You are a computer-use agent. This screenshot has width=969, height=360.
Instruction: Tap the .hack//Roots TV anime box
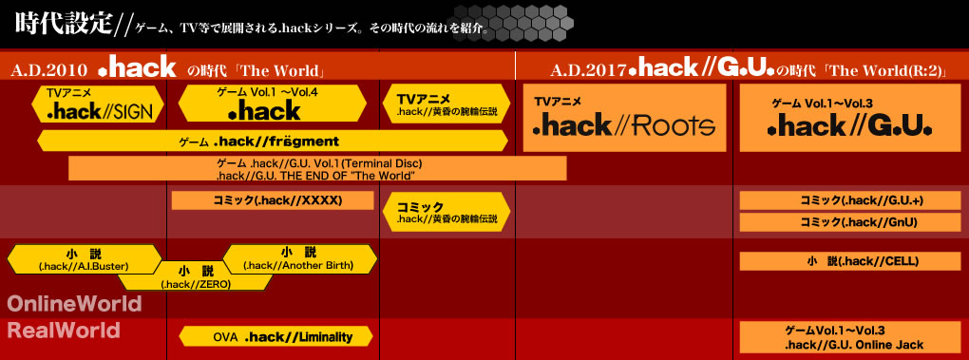[624, 118]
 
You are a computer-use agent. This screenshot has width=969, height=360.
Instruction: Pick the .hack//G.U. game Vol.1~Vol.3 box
[850, 118]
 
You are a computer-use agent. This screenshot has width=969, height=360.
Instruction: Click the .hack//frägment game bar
[273, 141]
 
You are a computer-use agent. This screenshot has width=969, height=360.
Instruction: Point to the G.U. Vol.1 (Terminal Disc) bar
[317, 168]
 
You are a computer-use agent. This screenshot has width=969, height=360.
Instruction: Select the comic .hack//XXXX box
[273, 200]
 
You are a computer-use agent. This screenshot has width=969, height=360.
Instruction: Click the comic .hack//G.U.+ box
[850, 200]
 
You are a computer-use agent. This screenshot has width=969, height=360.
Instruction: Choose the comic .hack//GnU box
[850, 221]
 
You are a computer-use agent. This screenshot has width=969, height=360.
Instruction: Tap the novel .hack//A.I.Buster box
[84, 259]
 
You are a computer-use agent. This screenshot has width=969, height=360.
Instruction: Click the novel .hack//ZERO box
[195, 277]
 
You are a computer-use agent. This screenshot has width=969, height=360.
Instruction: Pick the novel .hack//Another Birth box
[299, 259]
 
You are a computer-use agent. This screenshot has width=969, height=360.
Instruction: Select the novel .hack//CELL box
[850, 261]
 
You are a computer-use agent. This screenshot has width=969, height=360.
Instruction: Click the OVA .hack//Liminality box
[276, 336]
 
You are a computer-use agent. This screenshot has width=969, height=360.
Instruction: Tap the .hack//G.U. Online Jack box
[850, 337]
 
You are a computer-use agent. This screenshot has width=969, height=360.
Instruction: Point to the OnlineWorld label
[75, 304]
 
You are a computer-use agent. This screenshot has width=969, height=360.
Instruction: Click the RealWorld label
[63, 331]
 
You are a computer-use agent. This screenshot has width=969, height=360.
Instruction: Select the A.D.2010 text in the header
[52, 70]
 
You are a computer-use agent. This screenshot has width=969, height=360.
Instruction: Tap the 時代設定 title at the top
[63, 24]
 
